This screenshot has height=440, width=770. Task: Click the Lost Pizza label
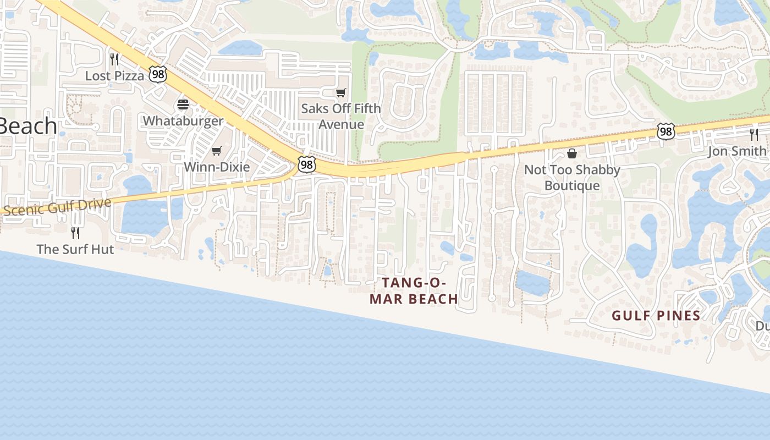point(114,76)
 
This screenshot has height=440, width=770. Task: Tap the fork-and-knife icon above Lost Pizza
point(114,58)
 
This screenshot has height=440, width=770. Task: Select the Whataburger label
point(183,121)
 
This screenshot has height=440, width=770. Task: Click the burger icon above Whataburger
point(183,105)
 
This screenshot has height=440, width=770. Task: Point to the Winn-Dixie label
point(217,167)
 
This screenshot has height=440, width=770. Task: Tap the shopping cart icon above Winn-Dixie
point(217,151)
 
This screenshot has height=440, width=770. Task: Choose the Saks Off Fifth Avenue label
point(341,116)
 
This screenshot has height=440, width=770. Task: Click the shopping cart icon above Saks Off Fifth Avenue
point(341,92)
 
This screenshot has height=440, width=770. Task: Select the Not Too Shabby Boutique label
point(572,178)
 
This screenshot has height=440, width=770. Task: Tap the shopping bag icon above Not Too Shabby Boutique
point(572,153)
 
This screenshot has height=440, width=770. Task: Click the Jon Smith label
point(737,151)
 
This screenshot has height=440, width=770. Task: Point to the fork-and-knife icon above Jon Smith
point(754,134)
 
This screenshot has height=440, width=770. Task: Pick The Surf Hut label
point(75,249)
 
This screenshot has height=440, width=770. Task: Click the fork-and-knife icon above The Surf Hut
point(75,233)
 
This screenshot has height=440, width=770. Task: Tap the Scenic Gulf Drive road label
point(57,207)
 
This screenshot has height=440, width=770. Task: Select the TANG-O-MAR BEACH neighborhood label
point(414,290)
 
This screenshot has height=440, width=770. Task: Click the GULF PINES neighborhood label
point(656,316)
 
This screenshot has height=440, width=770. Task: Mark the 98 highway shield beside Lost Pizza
point(158,75)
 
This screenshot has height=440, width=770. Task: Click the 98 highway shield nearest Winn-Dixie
point(307,164)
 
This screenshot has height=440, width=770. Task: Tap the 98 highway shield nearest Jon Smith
point(665,131)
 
